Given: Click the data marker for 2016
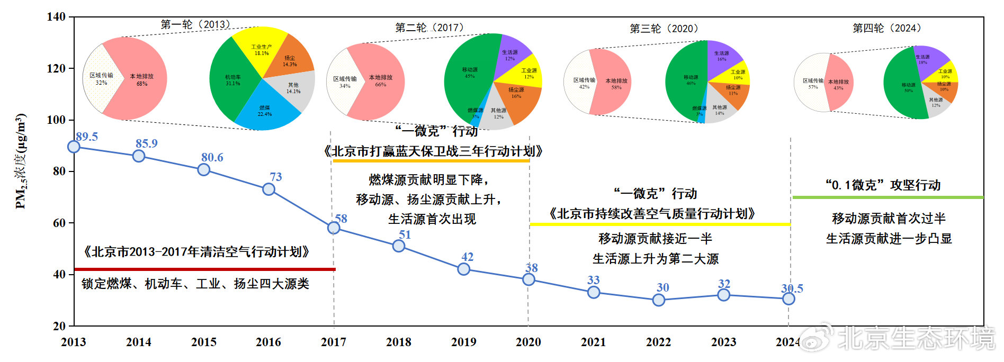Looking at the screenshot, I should [268, 189].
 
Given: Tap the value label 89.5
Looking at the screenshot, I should [87, 137].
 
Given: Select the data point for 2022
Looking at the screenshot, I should [658, 300].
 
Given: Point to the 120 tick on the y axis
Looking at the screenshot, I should [56, 68].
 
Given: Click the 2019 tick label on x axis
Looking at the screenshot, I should [463, 342].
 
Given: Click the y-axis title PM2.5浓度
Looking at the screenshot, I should [21, 161].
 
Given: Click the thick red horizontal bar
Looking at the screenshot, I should [205, 269].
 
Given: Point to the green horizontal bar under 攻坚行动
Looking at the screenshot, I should [888, 197].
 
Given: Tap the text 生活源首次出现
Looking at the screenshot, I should [432, 219].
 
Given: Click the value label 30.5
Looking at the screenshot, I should [792, 288].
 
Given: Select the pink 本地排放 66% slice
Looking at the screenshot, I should [381, 82].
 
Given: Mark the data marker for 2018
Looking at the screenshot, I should [399, 246].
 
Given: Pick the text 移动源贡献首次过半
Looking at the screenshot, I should [889, 218].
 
